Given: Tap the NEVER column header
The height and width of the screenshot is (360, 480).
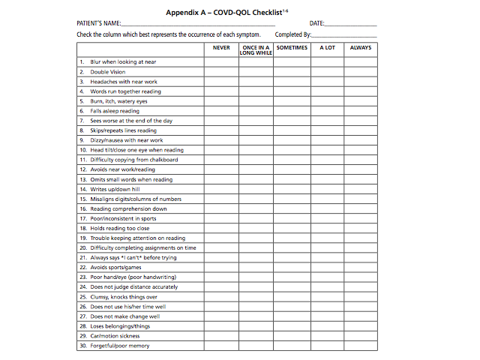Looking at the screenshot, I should tap(221, 47).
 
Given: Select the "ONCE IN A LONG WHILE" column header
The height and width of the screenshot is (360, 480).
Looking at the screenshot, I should tap(256, 50).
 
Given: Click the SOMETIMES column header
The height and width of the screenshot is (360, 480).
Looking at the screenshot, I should tap(292, 47).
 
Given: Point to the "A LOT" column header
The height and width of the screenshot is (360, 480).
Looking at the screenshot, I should tap(328, 47).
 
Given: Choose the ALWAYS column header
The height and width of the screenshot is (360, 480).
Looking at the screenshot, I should tap(361, 47).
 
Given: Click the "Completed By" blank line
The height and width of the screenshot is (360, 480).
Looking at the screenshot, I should tap(344, 36).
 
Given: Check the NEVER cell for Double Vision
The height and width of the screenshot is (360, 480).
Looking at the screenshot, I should tap(221, 72).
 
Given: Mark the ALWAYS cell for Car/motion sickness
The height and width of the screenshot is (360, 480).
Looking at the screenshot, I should tap(361, 336).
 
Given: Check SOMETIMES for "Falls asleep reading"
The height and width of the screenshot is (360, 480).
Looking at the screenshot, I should tap(292, 111).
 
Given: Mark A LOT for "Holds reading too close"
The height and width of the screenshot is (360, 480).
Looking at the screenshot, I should tap(328, 228).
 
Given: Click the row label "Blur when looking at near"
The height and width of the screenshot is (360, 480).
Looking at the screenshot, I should tap(123, 62).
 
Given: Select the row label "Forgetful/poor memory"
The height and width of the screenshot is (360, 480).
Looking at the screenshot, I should tap(120, 346).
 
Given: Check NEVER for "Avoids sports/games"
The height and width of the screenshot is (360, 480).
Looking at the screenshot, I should tap(221, 268).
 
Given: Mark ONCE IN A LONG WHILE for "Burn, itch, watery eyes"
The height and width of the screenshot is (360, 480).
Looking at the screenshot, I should tap(256, 101).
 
